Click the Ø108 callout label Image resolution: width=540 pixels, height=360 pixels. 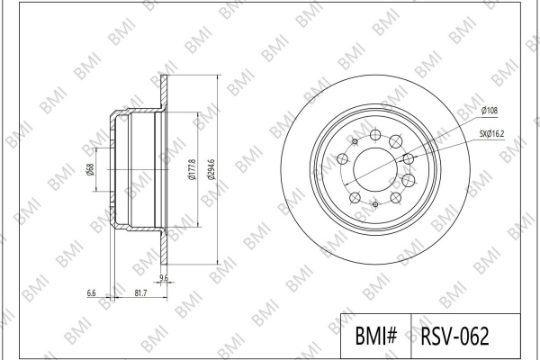[490, 111]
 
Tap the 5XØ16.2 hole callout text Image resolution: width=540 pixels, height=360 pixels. [491, 134]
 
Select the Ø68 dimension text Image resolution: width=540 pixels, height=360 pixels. [91, 169]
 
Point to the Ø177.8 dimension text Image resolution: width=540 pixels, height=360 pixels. [193, 169]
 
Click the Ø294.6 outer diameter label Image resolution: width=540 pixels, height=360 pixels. [211, 169]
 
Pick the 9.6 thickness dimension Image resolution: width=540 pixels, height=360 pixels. [165, 277]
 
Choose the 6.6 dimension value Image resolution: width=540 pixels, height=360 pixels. [91, 293]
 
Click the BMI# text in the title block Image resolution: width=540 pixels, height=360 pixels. [376, 336]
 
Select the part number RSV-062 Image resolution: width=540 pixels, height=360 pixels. [454, 336]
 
